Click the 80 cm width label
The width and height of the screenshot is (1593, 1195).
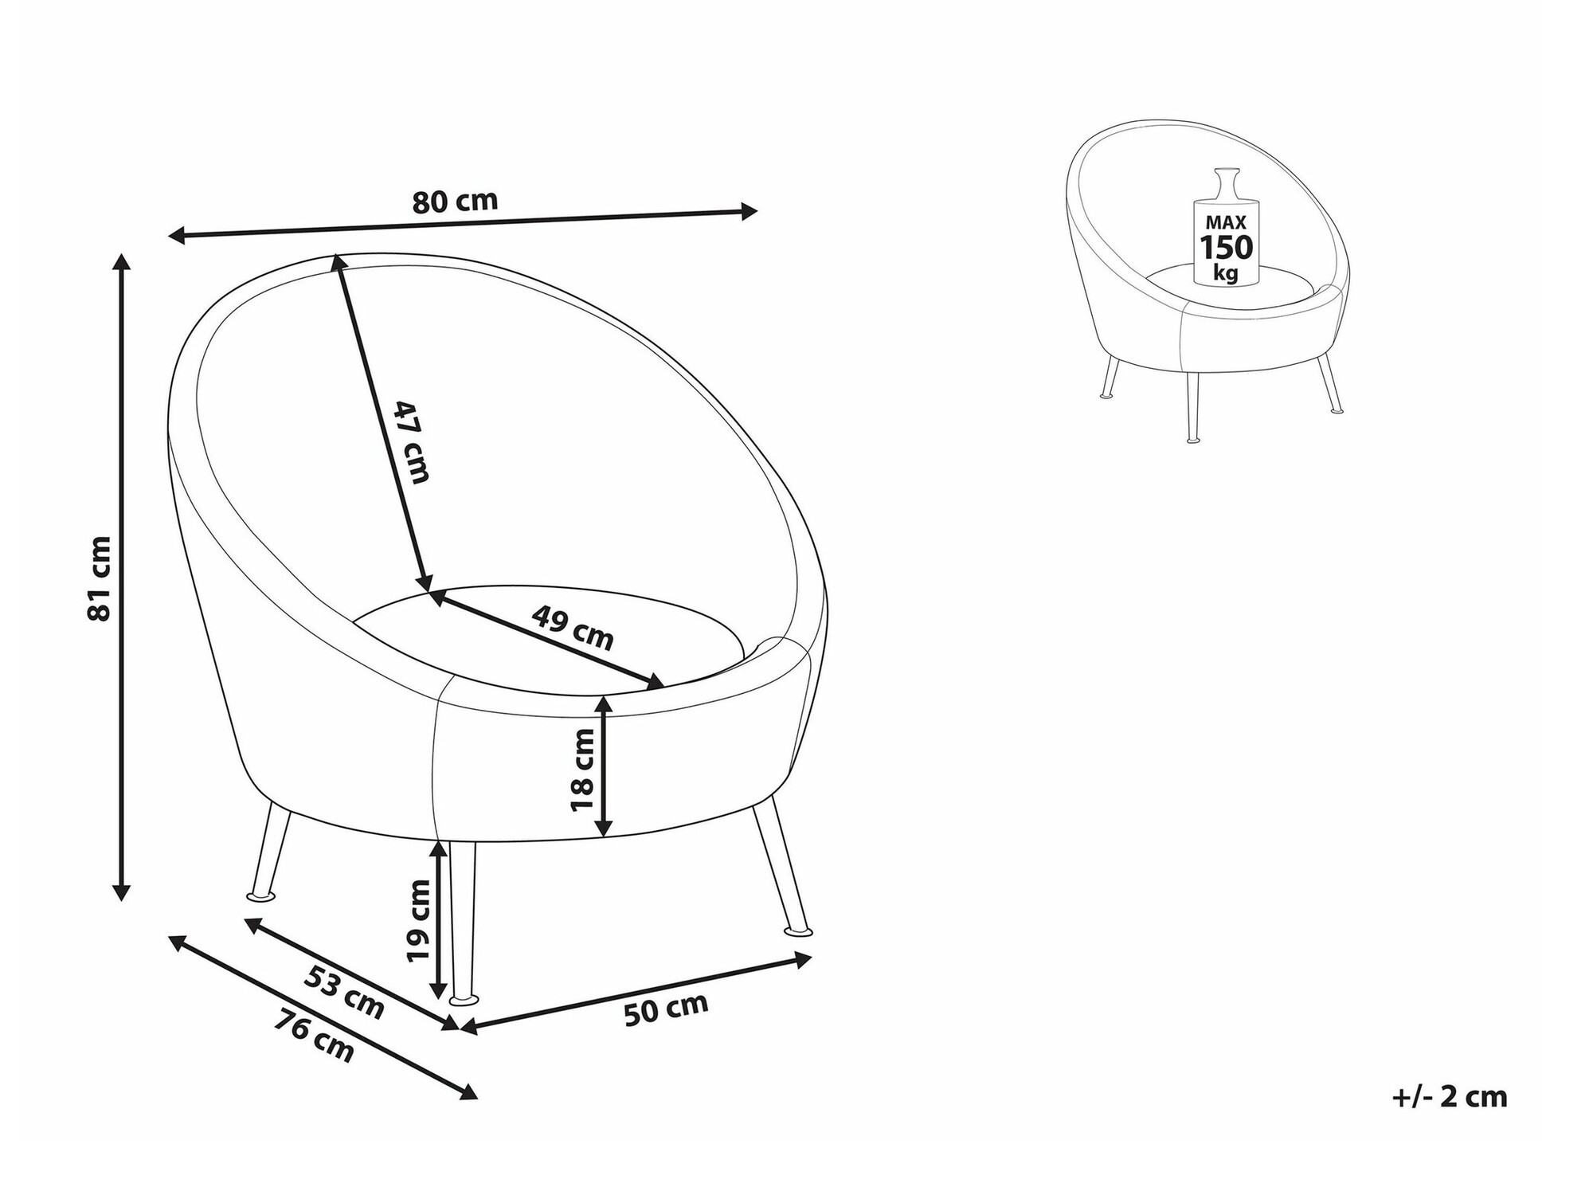[x=455, y=202]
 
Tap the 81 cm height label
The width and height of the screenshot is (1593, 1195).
[x=100, y=578]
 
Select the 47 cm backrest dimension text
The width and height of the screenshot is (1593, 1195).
[x=413, y=442]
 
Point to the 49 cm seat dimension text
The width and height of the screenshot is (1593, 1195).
[x=573, y=627]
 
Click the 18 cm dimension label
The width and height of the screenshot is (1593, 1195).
[x=583, y=770]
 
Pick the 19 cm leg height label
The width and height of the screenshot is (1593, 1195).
[x=417, y=921]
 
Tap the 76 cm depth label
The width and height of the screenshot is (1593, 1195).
[x=314, y=1036]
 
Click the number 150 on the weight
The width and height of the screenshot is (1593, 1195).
[x=1227, y=249]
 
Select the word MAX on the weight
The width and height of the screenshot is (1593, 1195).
[x=1226, y=223]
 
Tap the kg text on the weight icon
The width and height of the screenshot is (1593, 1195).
[x=1226, y=273]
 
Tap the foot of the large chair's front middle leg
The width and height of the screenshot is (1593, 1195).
[x=464, y=999]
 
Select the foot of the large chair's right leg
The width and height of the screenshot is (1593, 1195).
[x=798, y=931]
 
